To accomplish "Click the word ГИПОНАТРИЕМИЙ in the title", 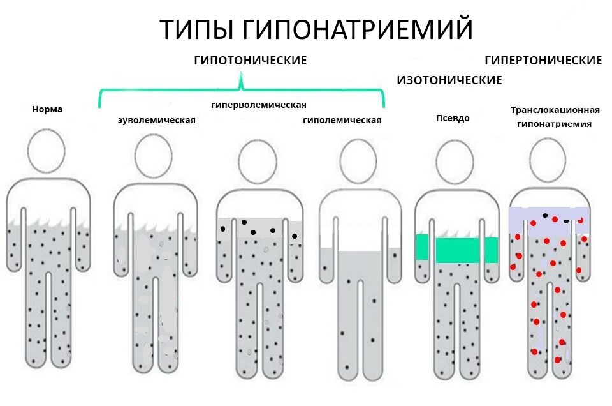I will (x=358, y=30).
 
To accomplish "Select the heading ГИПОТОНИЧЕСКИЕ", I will (x=251, y=61).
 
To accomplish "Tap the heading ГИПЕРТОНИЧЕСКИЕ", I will (x=543, y=61).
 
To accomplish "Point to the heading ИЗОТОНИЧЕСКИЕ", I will (x=449, y=80).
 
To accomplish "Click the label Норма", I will (x=47, y=109).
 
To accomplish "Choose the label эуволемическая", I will (x=156, y=120).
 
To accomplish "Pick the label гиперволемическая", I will (x=259, y=105).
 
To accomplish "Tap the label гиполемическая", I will (x=342, y=120).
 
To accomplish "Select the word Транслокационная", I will (x=555, y=110).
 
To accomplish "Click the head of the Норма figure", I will (x=47, y=154).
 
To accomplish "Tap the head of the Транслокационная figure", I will (x=551, y=160).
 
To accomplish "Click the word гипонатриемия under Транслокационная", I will (x=554, y=124).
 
